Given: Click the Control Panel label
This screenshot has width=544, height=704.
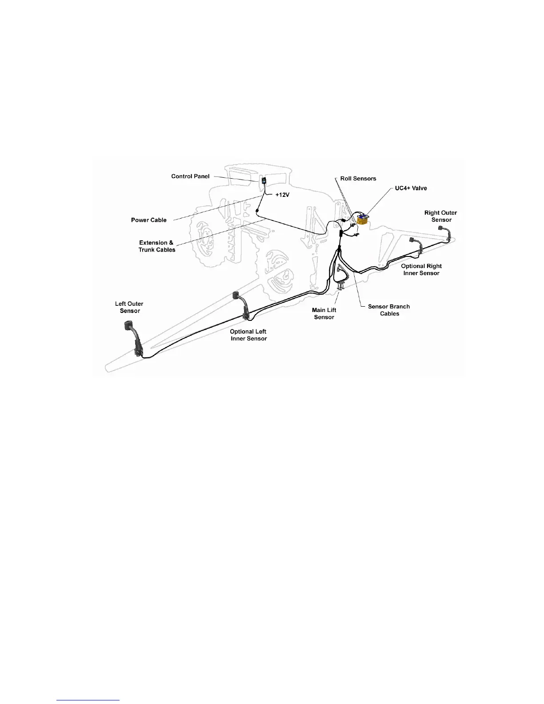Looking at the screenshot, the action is [190, 176].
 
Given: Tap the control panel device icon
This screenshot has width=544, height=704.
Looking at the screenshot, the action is [264, 181].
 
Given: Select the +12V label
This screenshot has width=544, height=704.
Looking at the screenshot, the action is [282, 195].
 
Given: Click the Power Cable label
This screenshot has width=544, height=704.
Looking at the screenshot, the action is [148, 220].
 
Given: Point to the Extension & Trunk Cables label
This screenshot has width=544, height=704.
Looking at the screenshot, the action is [156, 246].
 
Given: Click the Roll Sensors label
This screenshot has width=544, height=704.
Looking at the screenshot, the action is [358, 179].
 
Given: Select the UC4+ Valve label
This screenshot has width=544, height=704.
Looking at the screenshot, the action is [411, 188].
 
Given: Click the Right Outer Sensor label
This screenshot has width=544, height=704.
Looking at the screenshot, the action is [440, 216].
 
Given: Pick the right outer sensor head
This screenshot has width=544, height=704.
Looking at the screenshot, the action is [441, 228].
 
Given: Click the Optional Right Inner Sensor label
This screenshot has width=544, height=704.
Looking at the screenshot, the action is [421, 270].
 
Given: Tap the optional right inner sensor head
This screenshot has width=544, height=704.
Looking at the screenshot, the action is [412, 240].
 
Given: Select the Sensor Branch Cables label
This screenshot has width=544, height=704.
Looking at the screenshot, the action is [389, 310].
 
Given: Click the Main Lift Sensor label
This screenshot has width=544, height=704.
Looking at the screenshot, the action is [324, 314].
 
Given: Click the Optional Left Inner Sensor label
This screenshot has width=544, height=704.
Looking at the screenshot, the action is [248, 335].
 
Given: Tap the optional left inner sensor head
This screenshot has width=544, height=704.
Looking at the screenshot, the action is [235, 296].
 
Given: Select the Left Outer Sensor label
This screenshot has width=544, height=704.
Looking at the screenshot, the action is [129, 308].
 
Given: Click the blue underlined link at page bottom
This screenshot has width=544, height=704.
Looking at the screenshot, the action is [88, 700].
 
